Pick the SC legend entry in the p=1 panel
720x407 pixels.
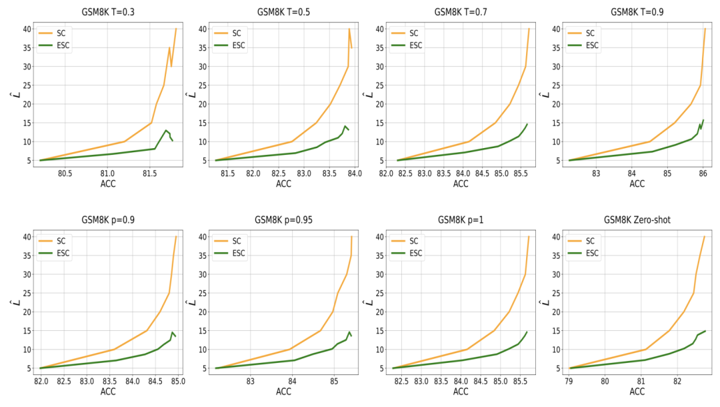[x=413, y=241]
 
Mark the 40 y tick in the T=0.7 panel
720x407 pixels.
[x=379, y=29]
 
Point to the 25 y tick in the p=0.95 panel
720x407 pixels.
[x=202, y=294]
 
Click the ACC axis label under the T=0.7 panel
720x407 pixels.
[x=461, y=183]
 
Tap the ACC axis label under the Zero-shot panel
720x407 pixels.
[x=637, y=392]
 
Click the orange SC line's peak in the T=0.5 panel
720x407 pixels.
[x=349, y=29]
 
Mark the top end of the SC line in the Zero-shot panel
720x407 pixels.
[x=704, y=237]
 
